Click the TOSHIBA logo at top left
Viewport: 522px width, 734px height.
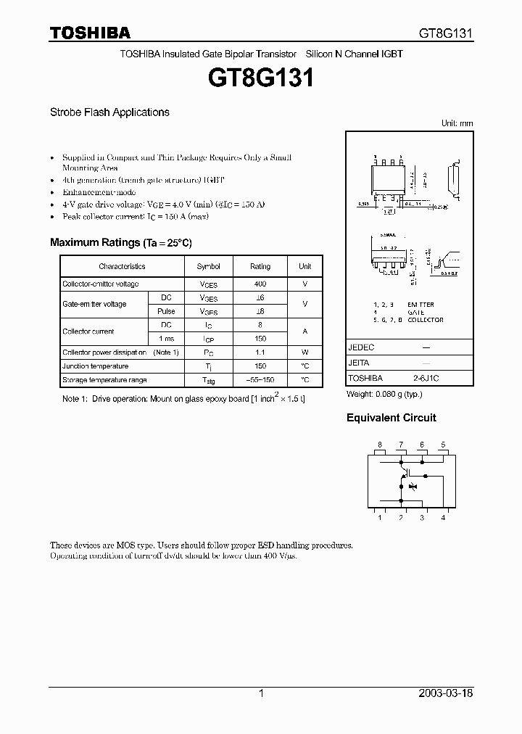(x=90, y=33)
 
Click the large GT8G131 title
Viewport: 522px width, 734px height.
(x=261, y=78)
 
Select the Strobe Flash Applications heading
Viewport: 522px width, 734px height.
(x=109, y=112)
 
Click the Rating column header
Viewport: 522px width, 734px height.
(x=260, y=267)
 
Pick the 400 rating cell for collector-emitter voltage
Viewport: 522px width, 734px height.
(x=260, y=284)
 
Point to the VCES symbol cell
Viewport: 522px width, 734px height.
(x=208, y=284)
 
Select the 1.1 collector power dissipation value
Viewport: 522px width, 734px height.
(x=260, y=352)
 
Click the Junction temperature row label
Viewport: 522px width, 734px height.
(x=95, y=366)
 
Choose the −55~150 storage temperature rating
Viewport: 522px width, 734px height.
(x=260, y=380)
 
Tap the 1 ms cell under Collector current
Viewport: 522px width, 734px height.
(x=166, y=339)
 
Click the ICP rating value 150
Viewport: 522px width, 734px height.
(x=260, y=339)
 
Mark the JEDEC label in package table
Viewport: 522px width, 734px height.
(x=361, y=347)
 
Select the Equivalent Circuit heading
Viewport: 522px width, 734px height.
(x=391, y=418)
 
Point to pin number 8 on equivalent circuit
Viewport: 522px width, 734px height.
(x=379, y=445)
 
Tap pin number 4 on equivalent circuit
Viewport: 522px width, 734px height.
(x=443, y=517)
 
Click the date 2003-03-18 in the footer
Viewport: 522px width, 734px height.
(x=446, y=693)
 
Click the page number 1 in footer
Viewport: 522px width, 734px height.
(x=261, y=693)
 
